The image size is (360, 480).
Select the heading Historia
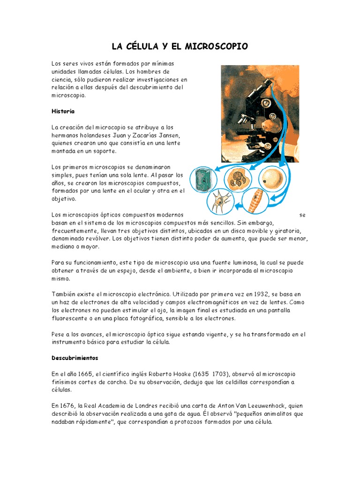point(63,112)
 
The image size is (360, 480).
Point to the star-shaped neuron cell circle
point(220,202)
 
